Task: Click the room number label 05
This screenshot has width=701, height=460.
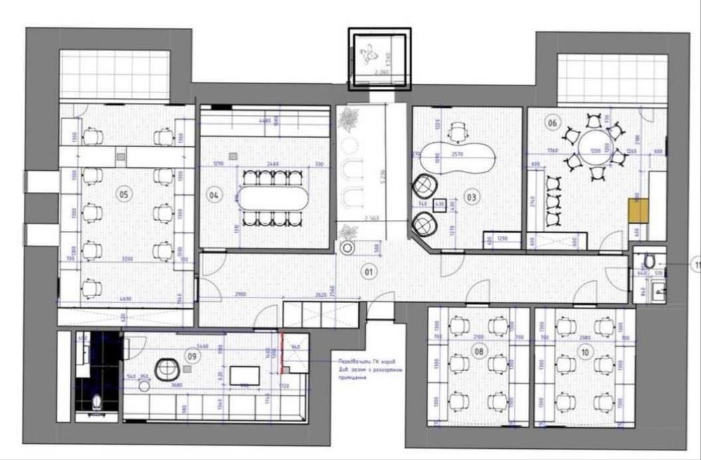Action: [123, 195]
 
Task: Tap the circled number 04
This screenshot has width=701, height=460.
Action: [214, 196]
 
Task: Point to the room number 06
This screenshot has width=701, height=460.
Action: [552, 123]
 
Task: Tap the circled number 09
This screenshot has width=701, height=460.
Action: [190, 355]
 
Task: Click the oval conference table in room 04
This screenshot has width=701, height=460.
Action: [274, 199]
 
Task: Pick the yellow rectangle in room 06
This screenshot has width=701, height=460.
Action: [638, 209]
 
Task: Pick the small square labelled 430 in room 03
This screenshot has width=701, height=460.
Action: [440, 205]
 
